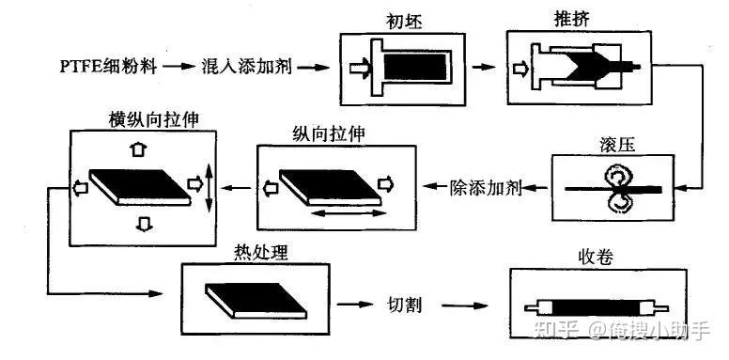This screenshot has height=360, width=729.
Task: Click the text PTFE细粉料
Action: (108, 66)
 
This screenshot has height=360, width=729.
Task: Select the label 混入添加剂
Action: (247, 67)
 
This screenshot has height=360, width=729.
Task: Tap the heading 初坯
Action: (404, 22)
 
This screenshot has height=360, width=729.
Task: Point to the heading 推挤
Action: (572, 20)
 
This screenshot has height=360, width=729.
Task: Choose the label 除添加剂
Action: (486, 187)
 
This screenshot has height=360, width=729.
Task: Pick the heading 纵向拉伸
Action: (329, 134)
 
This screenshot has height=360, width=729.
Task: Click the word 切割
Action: (404, 305)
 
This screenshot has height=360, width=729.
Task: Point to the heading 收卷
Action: (595, 257)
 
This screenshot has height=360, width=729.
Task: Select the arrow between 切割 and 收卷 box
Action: (465, 305)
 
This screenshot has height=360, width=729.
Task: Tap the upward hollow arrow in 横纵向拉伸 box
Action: (138, 149)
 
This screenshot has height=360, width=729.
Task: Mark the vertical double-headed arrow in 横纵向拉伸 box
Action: (209, 187)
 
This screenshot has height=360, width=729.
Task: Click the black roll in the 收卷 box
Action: (596, 308)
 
